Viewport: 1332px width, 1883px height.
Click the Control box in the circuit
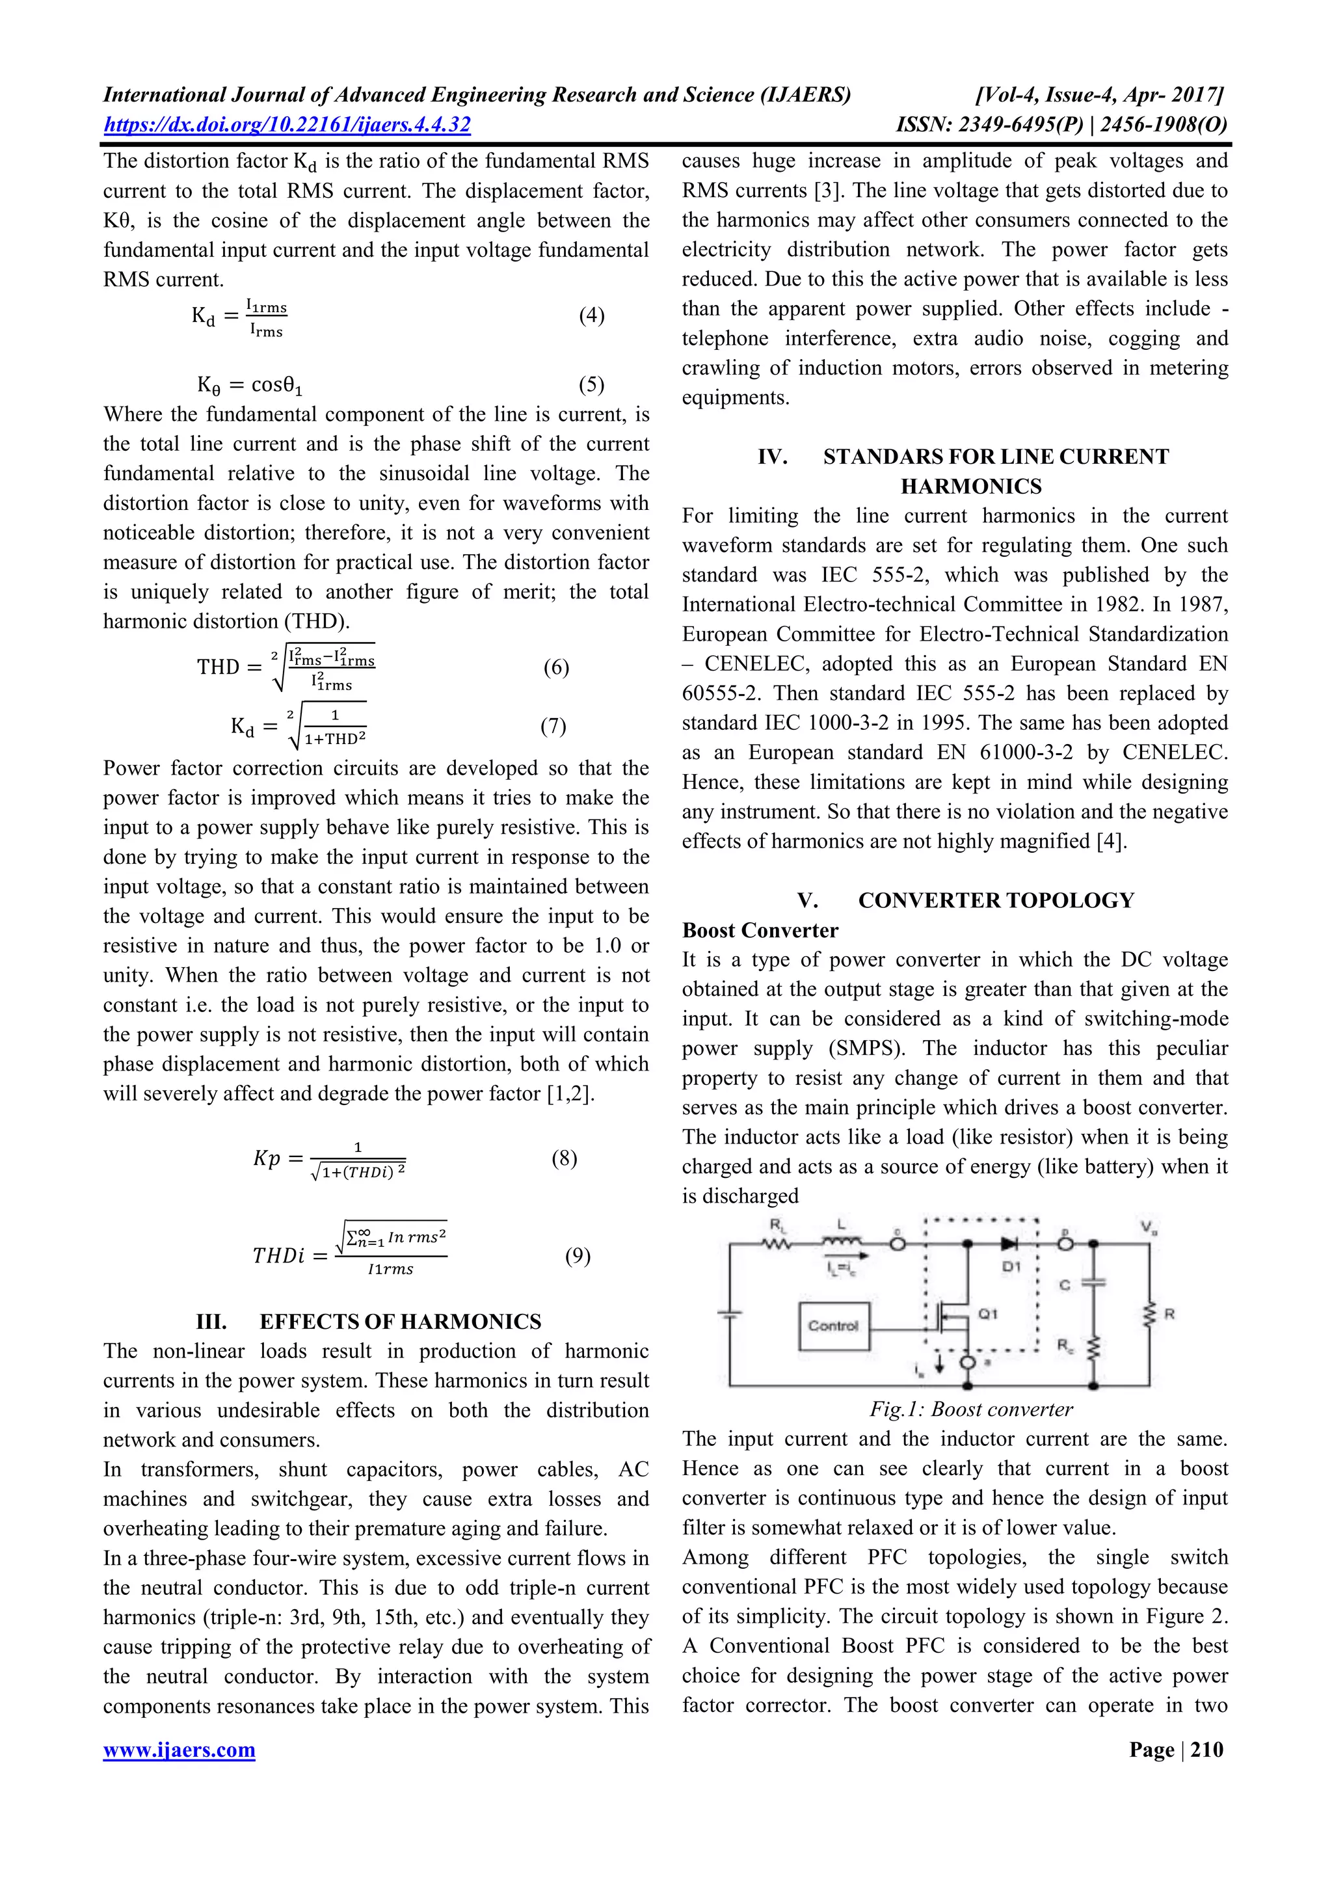click(832, 1326)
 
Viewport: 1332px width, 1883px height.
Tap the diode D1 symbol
click(999, 1244)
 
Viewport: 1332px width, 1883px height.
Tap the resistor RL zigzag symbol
click(775, 1244)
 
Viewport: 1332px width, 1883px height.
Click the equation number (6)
click(555, 667)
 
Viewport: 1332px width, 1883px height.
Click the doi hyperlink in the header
click(286, 125)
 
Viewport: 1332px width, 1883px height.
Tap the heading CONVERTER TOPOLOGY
click(996, 900)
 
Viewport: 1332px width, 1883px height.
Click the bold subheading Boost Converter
click(760, 930)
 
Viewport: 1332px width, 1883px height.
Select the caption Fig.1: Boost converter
click(971, 1409)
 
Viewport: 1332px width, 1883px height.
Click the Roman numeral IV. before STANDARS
click(773, 457)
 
